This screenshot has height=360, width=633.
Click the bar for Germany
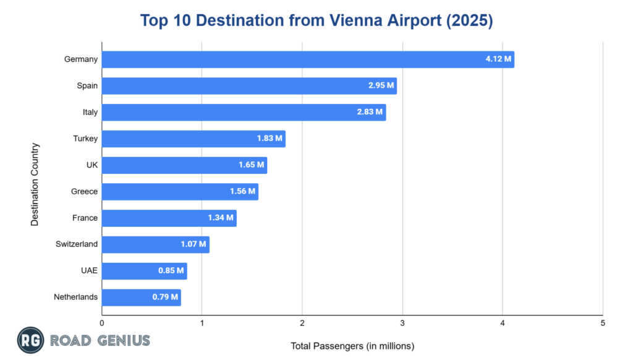(x=308, y=59)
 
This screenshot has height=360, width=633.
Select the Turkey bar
(x=193, y=139)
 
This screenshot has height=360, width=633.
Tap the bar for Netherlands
(x=141, y=297)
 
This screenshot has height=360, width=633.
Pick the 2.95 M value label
(x=381, y=86)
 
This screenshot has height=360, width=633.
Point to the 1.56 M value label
(x=242, y=192)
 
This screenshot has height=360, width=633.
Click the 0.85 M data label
(x=171, y=271)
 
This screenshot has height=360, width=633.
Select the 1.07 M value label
(x=193, y=244)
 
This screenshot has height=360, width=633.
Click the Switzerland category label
(x=77, y=244)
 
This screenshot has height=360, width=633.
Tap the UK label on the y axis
(x=91, y=165)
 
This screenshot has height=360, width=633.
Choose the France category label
(x=85, y=218)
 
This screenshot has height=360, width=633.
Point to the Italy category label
(x=90, y=113)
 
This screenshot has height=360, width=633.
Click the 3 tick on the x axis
(x=402, y=323)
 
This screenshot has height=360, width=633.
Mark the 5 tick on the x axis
(x=603, y=323)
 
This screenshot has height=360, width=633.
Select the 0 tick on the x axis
(x=102, y=323)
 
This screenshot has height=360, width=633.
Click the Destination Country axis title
(x=35, y=184)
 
